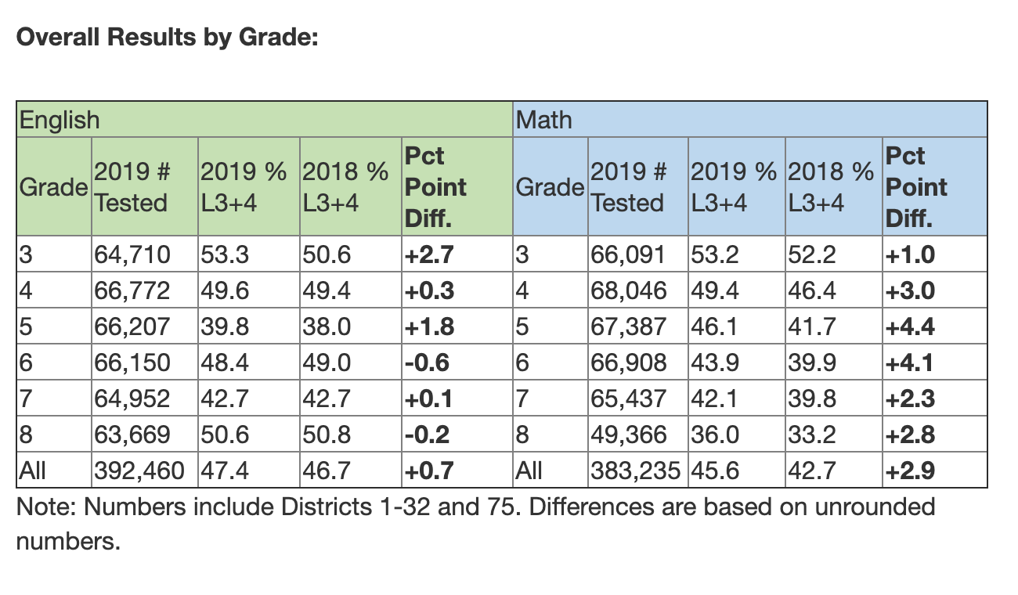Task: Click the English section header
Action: pos(60,120)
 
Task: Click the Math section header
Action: pos(543,120)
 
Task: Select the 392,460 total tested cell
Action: pos(139,471)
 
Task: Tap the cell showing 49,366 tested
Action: pos(628,435)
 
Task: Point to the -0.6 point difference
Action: pos(428,362)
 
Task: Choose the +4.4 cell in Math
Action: pos(909,326)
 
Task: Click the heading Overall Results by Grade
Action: pos(167,37)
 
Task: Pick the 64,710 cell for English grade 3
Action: pos(131,254)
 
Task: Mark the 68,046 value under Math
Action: pos(628,290)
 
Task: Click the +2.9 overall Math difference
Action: pos(909,471)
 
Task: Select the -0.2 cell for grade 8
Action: pos(428,435)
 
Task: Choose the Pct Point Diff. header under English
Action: pos(435,187)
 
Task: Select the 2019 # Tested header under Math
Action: pos(630,187)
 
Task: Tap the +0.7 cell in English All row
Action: pos(428,471)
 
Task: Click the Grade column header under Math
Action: pos(550,187)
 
